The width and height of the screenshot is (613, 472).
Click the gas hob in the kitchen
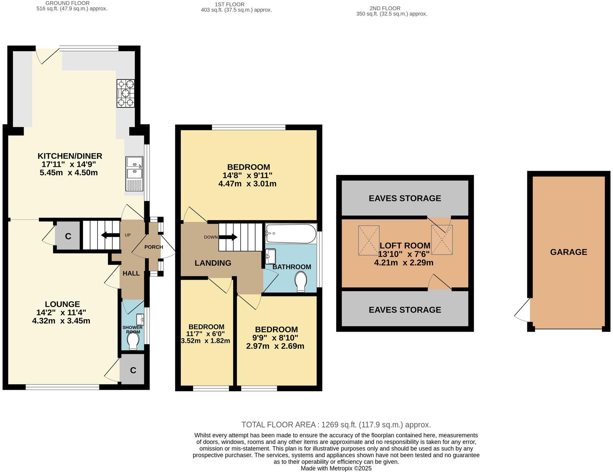coord(125,93)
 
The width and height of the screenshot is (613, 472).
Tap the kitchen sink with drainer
coord(134,174)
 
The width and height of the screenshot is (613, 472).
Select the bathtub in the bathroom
coord(291,233)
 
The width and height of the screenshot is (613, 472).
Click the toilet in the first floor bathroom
coord(301,281)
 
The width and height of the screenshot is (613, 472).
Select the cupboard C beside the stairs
coord(68,236)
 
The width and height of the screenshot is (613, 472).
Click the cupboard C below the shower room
coord(133,370)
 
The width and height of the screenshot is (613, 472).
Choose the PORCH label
coord(154,247)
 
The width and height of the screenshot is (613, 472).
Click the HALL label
coord(131,273)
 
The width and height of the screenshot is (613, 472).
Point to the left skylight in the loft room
coord(368,240)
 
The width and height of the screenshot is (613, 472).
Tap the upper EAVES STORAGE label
coord(405,198)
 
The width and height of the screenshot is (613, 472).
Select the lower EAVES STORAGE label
coord(405,310)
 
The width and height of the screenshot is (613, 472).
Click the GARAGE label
coord(568,252)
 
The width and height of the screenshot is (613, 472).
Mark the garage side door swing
coord(522,312)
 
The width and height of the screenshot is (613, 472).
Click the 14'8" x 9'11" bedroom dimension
coord(247,175)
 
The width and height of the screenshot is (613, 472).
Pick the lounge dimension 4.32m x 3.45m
coord(61,321)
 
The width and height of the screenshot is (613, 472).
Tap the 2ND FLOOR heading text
coord(385,8)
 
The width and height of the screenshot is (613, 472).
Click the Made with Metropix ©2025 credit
coord(336,468)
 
